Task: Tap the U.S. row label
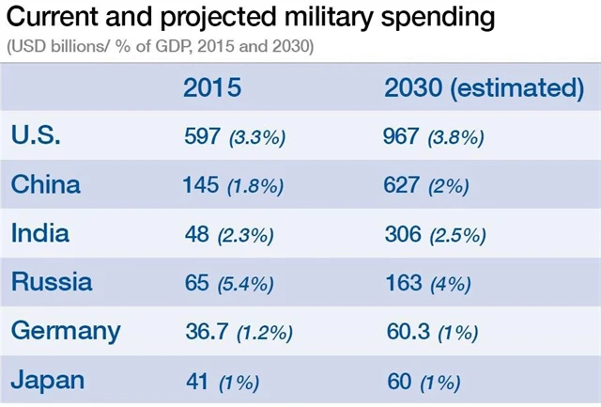click(37, 135)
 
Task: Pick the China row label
click(46, 184)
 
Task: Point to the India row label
click(40, 233)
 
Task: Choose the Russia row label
click(52, 282)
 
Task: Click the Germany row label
click(66, 331)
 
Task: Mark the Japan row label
click(48, 380)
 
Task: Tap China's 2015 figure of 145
click(201, 184)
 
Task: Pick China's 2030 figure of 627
click(402, 184)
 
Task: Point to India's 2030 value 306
click(403, 233)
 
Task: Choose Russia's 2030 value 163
click(402, 282)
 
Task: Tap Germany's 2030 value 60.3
click(408, 331)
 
